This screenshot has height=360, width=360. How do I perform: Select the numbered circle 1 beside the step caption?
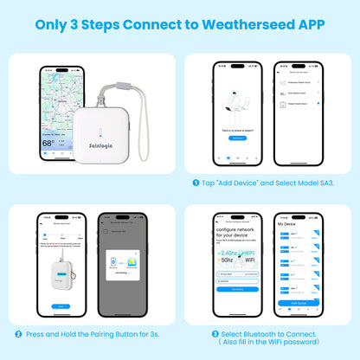tap(196, 183)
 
